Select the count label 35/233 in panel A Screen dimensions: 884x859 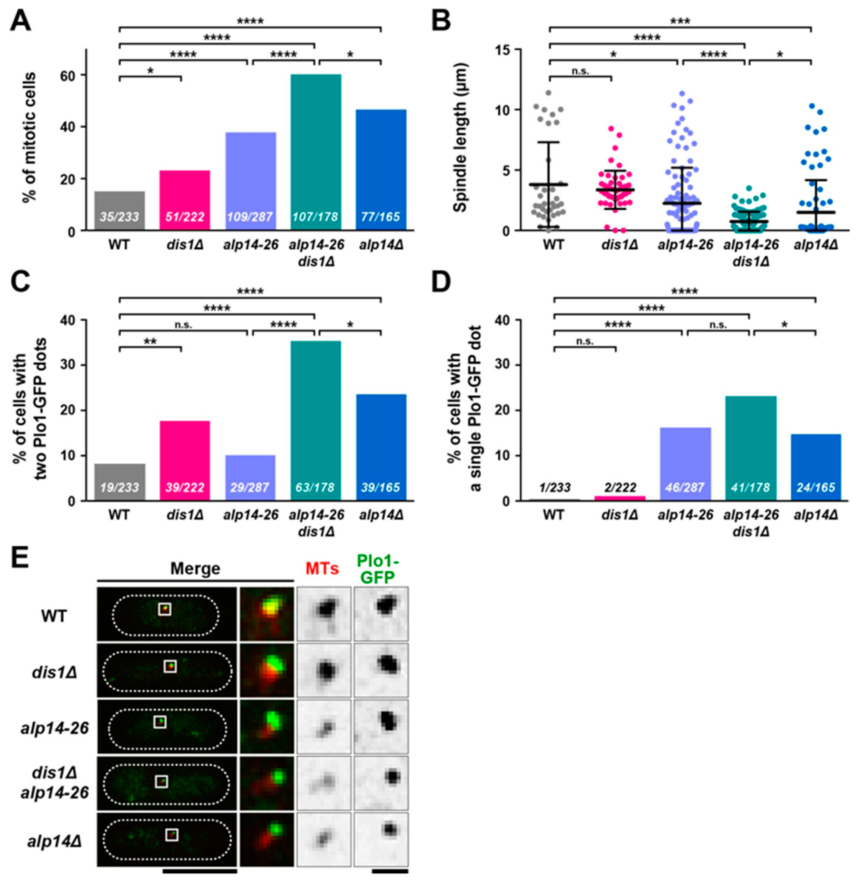[x=120, y=217]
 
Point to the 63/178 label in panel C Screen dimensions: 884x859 [x=315, y=488]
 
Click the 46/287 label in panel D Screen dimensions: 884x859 [x=685, y=488]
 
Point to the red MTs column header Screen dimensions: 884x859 [x=322, y=569]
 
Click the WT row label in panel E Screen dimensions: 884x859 [x=54, y=615]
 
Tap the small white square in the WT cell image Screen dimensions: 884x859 [x=165, y=609]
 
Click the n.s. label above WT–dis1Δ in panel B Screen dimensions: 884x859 [x=580, y=71]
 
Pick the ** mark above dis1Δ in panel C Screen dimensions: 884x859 [x=150, y=341]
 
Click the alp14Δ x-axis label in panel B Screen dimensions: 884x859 [x=816, y=245]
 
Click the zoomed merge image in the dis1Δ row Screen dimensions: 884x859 [x=266, y=670]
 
